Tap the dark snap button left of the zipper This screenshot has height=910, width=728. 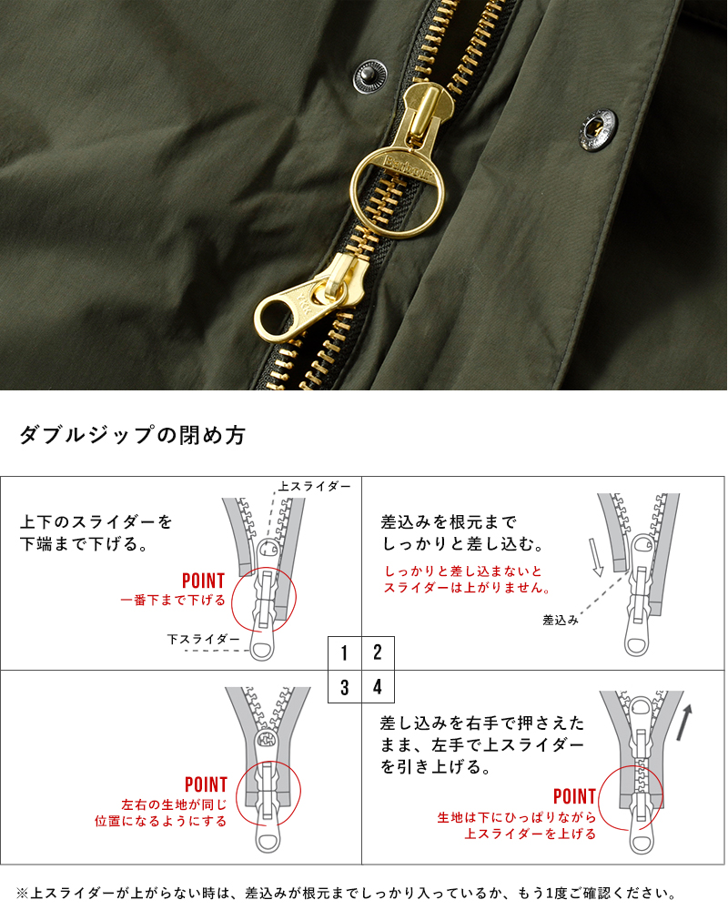369,76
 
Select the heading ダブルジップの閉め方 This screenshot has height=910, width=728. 133,434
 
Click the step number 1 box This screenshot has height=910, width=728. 345,652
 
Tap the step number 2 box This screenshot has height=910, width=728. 378,652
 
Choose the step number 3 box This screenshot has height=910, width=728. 345,686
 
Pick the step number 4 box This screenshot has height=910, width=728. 378,686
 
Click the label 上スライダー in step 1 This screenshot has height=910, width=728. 315,486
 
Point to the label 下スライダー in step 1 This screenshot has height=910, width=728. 204,639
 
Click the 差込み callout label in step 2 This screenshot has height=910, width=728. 561,620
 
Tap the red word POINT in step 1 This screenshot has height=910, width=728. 203,581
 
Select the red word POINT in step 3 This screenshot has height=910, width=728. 206,784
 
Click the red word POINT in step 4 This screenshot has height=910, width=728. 575,796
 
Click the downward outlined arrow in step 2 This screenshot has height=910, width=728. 597,558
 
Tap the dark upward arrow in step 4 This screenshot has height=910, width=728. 684,723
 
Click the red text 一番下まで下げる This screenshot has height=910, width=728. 173,600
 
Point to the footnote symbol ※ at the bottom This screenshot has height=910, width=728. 22,894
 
